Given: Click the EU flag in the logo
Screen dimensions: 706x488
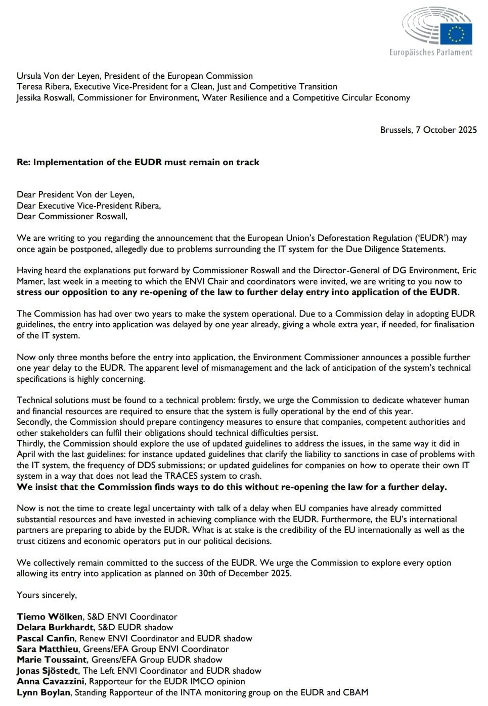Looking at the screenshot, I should tap(456, 34).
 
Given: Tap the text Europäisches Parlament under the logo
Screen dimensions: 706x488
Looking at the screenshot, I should tap(430, 52).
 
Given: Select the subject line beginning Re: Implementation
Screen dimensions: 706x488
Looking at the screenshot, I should tap(138, 162).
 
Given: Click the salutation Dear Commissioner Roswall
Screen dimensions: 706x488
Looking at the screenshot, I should tap(72, 216).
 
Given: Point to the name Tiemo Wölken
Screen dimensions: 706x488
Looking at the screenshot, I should tap(50, 617).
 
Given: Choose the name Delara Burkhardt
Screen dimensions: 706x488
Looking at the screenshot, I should tap(55, 627).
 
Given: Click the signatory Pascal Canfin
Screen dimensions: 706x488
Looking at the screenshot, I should tap(46, 638).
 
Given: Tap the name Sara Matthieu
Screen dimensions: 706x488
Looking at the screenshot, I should tap(48, 649).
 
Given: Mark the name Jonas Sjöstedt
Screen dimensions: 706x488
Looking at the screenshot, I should tap(48, 671).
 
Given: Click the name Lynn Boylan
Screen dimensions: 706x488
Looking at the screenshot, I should tap(43, 692).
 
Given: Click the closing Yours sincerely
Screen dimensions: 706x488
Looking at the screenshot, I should tap(47, 595).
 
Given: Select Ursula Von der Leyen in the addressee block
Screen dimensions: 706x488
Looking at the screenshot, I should tap(59, 76).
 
